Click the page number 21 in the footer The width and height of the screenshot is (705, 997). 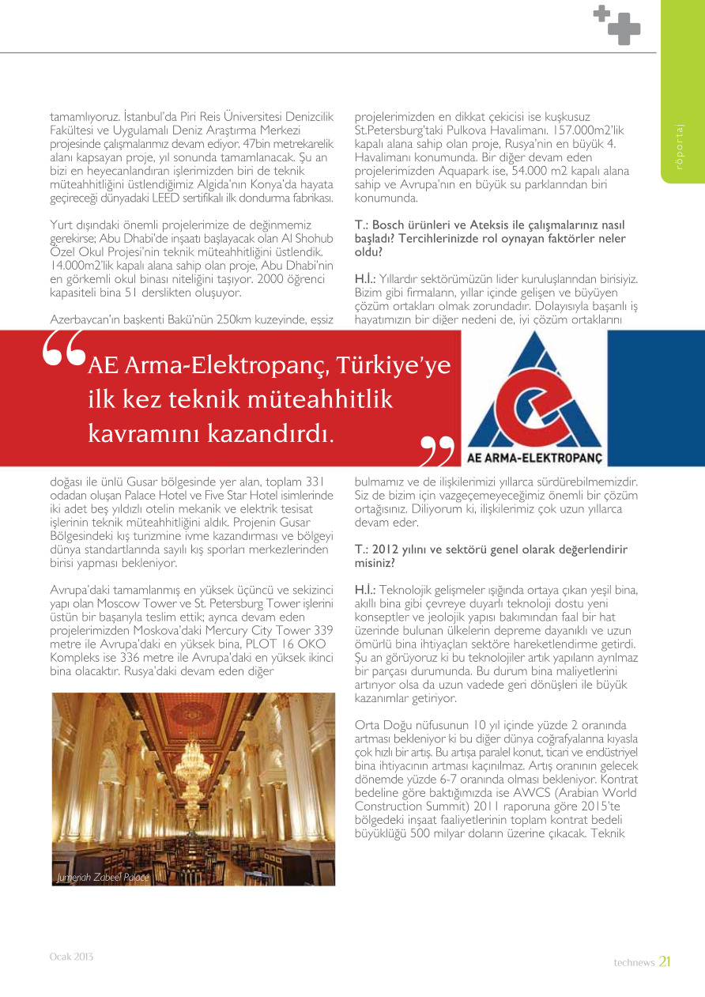[665, 961]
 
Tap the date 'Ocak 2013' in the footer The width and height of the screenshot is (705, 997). [72, 957]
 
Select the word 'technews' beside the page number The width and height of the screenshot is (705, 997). [634, 962]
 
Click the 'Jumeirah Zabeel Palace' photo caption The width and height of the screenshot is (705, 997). [103, 878]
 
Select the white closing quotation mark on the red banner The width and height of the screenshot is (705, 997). [437, 451]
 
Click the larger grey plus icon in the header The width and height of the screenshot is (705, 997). [624, 28]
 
